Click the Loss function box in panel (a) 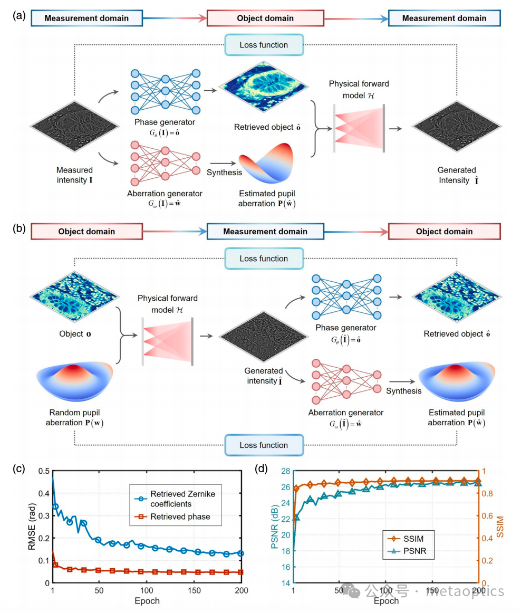tap(264, 45)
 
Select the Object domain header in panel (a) tap(265, 18)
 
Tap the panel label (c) tap(20, 467)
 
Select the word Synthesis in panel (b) tap(403, 391)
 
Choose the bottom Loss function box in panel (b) tap(264, 445)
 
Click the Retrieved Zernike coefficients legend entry tap(182, 498)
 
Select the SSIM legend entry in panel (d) tap(411, 539)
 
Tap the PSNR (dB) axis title tap(274, 527)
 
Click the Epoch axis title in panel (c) tap(147, 600)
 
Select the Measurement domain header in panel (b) tap(265, 231)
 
